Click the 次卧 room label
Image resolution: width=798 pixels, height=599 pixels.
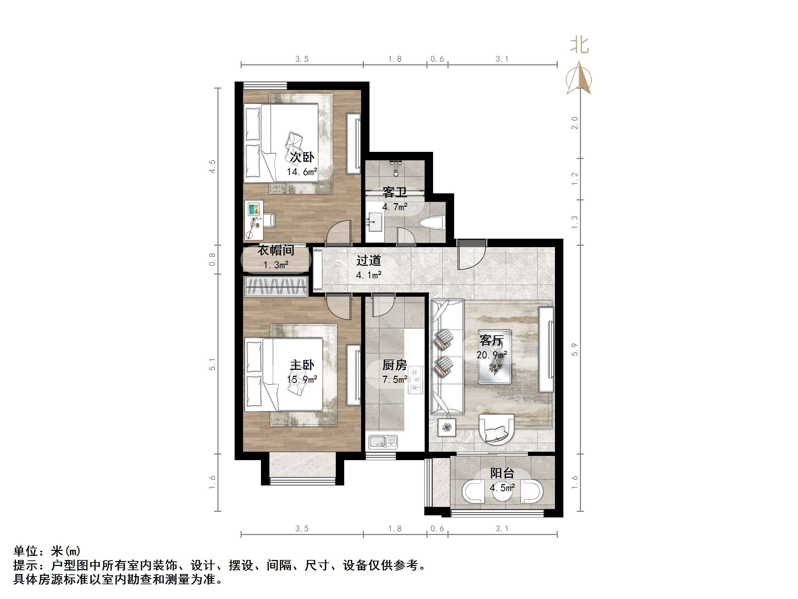(x=302, y=157)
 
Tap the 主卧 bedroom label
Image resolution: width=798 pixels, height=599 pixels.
(x=302, y=365)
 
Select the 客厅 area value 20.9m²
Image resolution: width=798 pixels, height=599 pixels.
(x=492, y=355)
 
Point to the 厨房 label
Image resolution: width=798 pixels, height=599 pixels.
(x=395, y=365)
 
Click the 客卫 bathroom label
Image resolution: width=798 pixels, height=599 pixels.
(x=395, y=192)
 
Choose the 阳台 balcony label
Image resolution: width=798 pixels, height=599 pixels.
(x=502, y=473)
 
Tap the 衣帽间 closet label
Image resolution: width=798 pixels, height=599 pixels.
(x=276, y=250)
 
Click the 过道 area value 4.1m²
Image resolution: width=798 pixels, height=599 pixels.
(x=369, y=275)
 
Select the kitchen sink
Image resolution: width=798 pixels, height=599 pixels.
(x=383, y=442)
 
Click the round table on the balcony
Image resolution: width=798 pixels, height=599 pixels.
(x=503, y=491)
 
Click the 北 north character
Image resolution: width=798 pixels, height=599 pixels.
(x=580, y=46)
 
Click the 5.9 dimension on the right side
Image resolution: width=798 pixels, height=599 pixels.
(x=575, y=349)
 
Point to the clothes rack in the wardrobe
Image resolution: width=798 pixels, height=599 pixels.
(x=276, y=287)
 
